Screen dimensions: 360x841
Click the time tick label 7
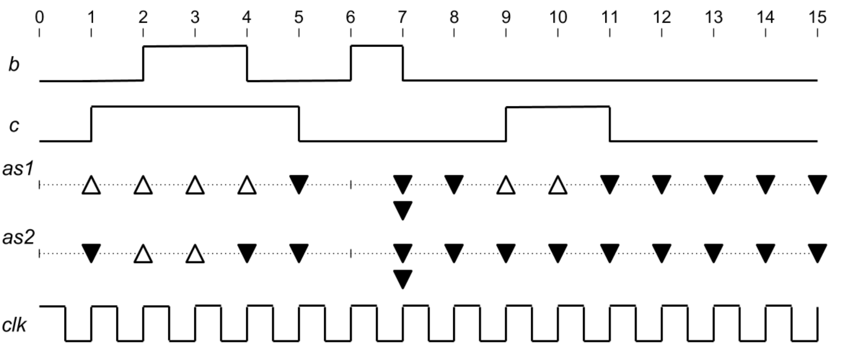[x=402, y=17]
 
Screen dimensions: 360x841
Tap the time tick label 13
[x=713, y=17]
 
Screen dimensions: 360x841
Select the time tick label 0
[x=39, y=17]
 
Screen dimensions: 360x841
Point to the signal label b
[x=14, y=65]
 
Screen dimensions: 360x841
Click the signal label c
[x=14, y=126]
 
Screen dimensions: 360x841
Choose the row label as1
[x=18, y=168]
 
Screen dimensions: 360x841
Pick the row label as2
[x=18, y=238]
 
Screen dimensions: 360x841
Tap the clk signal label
[x=14, y=325]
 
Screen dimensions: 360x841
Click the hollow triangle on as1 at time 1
[x=91, y=185]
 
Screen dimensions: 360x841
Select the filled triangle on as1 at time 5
[x=299, y=184]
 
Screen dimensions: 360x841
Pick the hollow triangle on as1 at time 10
[x=558, y=185]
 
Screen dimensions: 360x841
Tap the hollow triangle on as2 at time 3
[x=195, y=254]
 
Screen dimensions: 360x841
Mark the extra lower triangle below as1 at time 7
[x=403, y=210]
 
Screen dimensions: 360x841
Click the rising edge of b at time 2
[x=143, y=63]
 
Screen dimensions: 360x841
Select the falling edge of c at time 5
[x=299, y=124]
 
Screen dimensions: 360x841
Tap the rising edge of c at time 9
[x=506, y=124]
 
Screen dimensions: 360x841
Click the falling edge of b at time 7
[x=403, y=63]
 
